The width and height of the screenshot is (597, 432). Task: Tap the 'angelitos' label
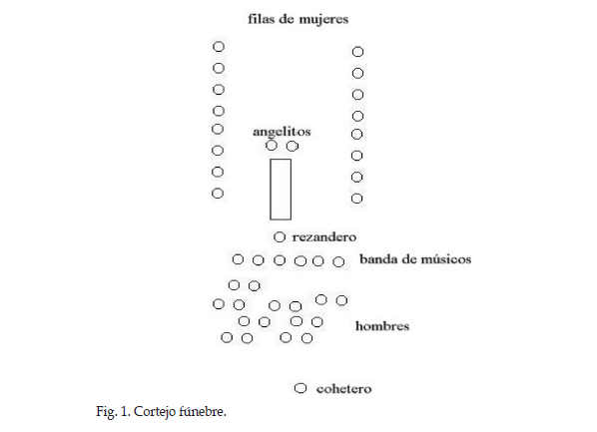[x=282, y=132]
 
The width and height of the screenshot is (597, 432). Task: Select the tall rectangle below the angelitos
[x=271, y=190]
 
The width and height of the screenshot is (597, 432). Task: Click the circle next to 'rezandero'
[x=280, y=237]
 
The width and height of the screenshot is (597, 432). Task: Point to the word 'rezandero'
[x=324, y=237]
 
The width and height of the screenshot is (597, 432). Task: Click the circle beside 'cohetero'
[x=300, y=388]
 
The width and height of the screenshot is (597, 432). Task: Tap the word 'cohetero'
[x=343, y=389]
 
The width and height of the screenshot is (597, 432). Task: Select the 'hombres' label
[x=382, y=326]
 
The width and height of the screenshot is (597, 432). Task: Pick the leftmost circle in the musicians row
[x=238, y=259]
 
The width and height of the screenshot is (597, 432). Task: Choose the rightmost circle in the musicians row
[x=338, y=261]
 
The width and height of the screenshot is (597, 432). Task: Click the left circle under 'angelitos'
[x=272, y=145]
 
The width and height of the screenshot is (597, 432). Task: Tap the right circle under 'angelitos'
[x=293, y=146]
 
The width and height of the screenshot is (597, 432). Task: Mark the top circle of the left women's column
[x=219, y=47]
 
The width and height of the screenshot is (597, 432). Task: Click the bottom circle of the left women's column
[x=218, y=194]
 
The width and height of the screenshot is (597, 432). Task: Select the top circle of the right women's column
[x=357, y=52]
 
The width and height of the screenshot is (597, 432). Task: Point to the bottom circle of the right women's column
[x=356, y=199]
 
